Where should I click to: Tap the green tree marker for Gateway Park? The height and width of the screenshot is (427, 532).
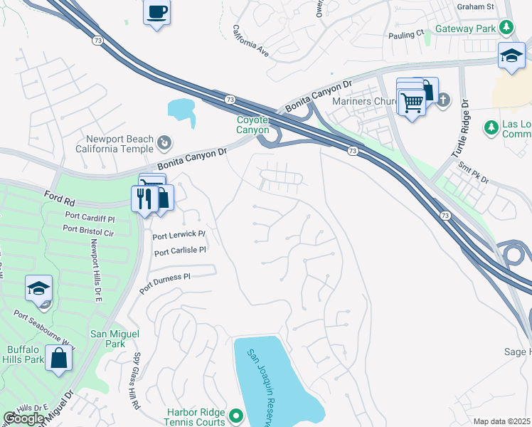[x=506, y=28]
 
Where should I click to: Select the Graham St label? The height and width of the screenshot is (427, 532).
[x=477, y=6]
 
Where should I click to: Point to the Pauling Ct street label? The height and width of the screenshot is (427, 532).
[x=406, y=33]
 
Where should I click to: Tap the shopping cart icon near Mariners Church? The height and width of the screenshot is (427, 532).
[x=411, y=102]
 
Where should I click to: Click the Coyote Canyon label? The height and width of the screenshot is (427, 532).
[x=252, y=125]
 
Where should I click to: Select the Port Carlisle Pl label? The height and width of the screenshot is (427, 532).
[x=180, y=251]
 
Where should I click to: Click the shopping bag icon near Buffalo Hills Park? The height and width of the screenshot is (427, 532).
[x=58, y=359]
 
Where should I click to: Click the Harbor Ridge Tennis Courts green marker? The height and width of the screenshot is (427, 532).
[x=237, y=414]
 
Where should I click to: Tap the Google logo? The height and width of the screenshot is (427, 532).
[x=23, y=418]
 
